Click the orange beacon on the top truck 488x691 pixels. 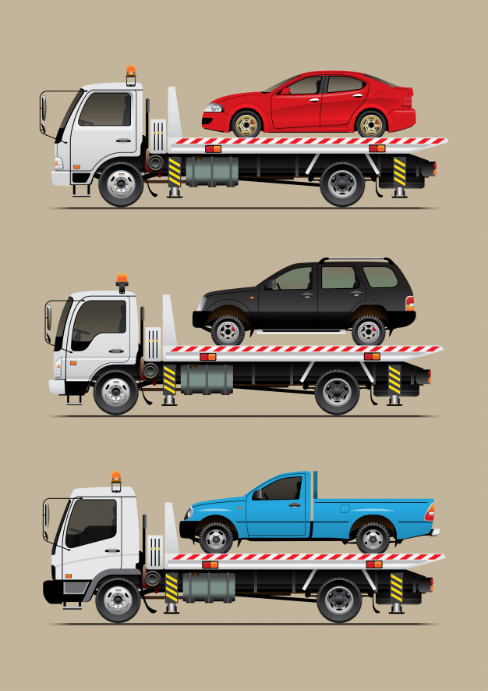[x=130, y=72]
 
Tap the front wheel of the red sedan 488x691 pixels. [x=246, y=124]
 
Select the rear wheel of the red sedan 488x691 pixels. [x=370, y=124]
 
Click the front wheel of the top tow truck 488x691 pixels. [x=121, y=183]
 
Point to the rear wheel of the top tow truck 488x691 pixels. [x=342, y=183]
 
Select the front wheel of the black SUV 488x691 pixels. [x=228, y=331]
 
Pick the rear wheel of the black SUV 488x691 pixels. [x=368, y=331]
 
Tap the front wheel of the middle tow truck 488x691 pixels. [x=115, y=391]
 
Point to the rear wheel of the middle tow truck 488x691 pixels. [x=337, y=391]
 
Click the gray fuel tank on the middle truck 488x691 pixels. [x=206, y=379]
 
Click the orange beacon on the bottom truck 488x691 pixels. [x=116, y=477]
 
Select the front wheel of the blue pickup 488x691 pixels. [x=216, y=537]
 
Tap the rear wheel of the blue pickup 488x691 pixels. [x=373, y=537]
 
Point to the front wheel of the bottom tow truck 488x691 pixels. [x=118, y=599]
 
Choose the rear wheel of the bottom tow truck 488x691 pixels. [x=339, y=599]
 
